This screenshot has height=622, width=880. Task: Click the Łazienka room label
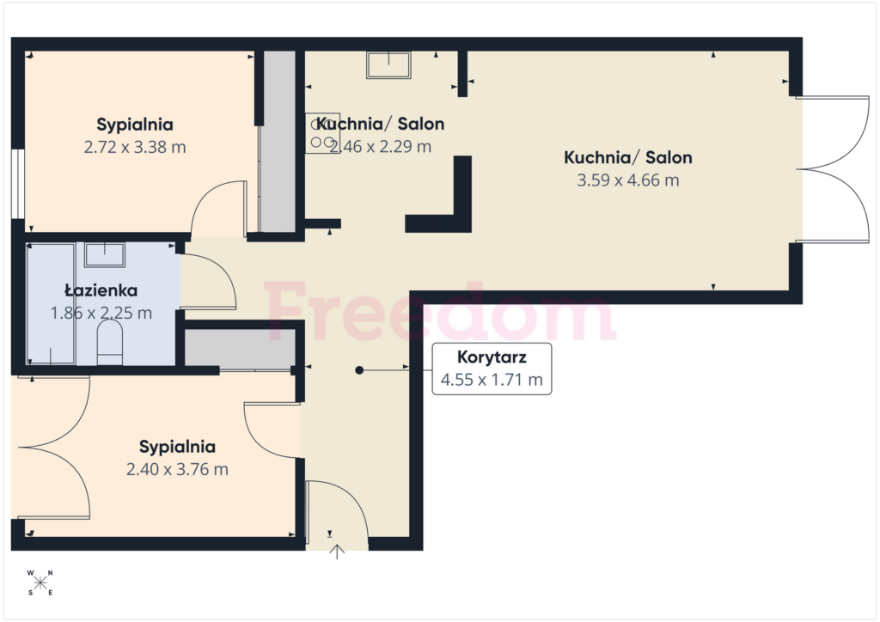(101, 290)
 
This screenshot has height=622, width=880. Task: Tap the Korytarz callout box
(492, 369)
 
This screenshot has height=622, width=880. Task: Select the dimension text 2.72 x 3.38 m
(135, 147)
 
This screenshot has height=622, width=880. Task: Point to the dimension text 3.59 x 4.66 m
(628, 180)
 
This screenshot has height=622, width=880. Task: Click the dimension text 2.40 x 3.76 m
(177, 469)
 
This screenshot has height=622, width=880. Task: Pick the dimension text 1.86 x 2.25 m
(101, 313)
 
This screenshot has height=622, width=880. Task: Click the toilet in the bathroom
(110, 343)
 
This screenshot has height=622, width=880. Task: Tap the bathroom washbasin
(104, 254)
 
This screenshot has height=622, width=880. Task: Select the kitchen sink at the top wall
(388, 64)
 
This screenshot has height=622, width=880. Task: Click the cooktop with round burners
(322, 133)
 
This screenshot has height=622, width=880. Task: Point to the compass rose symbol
(40, 582)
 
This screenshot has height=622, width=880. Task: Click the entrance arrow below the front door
(337, 552)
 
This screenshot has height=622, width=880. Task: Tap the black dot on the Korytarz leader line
(359, 370)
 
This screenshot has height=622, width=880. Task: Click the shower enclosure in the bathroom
(51, 304)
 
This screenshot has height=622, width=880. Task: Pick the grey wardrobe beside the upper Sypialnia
(279, 142)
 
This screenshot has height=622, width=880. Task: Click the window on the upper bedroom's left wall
(18, 183)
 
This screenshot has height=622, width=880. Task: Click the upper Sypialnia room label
(135, 125)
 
